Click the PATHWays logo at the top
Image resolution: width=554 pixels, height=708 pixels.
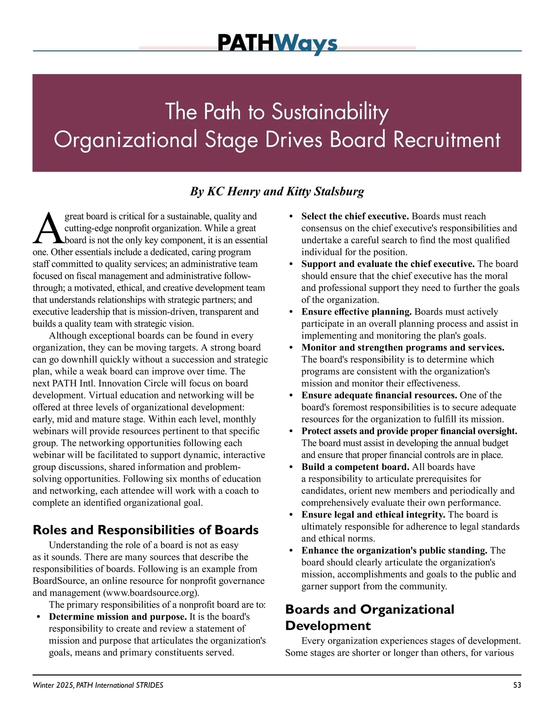coord(277,44)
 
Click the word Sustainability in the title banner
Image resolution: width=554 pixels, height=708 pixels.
coord(330,112)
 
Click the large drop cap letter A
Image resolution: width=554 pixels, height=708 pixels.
coord(47,228)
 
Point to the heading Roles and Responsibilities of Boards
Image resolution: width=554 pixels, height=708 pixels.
coord(145,530)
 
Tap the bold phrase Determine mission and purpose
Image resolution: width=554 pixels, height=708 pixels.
coord(118,617)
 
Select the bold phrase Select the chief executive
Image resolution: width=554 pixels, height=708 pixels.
coord(355,216)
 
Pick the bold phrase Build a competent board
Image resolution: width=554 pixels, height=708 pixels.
coord(355,467)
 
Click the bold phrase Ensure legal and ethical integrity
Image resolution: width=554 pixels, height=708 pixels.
coord(373,515)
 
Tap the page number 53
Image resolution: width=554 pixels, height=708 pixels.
coord(517,685)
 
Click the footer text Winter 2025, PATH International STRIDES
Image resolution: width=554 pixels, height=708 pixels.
coord(98,685)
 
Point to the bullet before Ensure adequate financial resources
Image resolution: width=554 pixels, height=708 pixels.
coord(290,396)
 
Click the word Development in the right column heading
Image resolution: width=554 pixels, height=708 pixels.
coord(328,626)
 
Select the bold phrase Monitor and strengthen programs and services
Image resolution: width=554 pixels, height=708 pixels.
coord(403,348)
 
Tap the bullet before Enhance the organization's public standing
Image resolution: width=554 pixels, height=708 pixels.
coord(290,551)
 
